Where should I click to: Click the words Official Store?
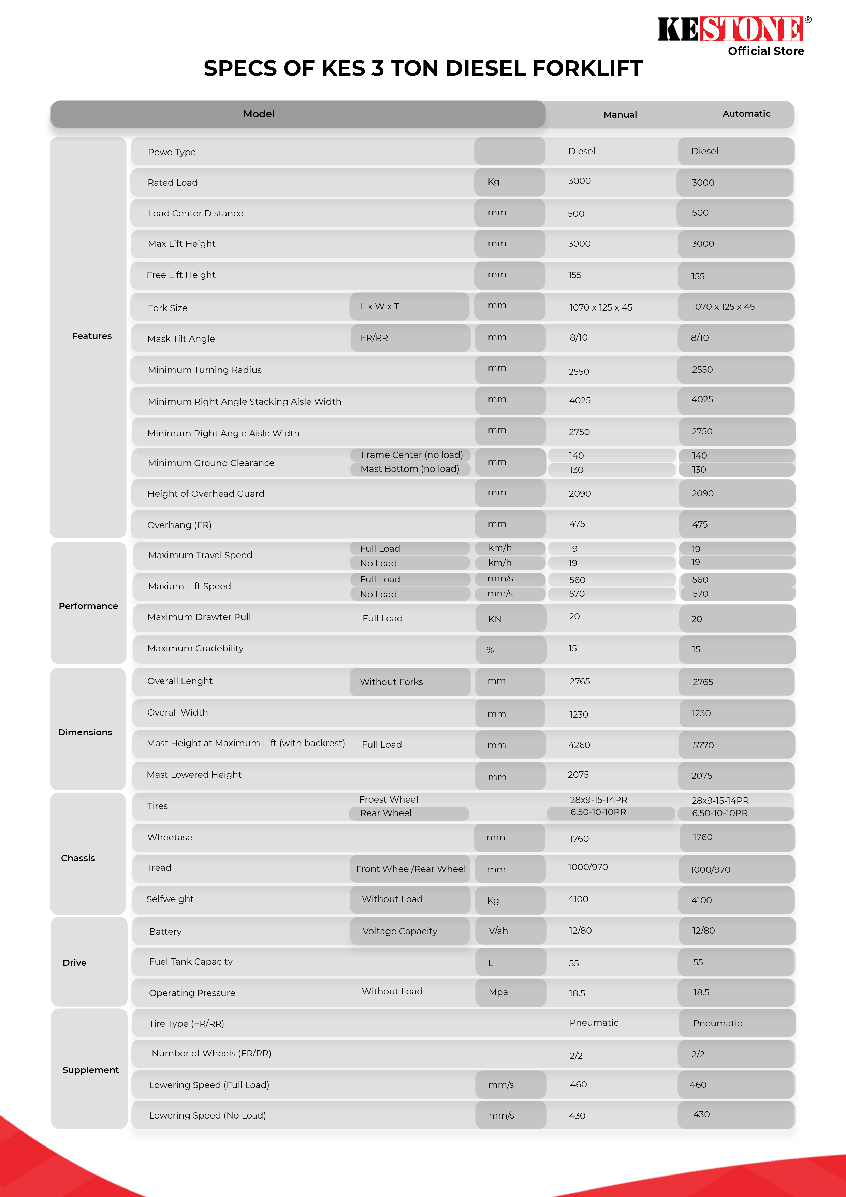[x=766, y=51]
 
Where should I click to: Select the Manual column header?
[x=620, y=115]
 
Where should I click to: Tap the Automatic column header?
[x=746, y=114]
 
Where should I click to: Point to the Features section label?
[x=92, y=336]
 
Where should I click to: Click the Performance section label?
[x=88, y=606]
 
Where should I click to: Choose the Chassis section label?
[x=78, y=858]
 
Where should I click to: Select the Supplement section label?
[x=91, y=1070]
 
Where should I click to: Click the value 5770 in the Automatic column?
[x=703, y=745]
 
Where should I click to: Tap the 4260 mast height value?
[x=579, y=745]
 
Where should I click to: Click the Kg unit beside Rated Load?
[x=494, y=182]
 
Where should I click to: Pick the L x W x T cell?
[x=380, y=306]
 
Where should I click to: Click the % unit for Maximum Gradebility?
[x=490, y=650]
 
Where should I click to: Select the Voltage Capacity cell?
[x=400, y=931]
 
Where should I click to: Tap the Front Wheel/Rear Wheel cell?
[x=411, y=869]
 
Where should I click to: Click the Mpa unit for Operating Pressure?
[x=498, y=992]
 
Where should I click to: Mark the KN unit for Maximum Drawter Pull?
[x=495, y=619]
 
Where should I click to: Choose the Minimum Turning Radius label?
[x=205, y=370]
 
